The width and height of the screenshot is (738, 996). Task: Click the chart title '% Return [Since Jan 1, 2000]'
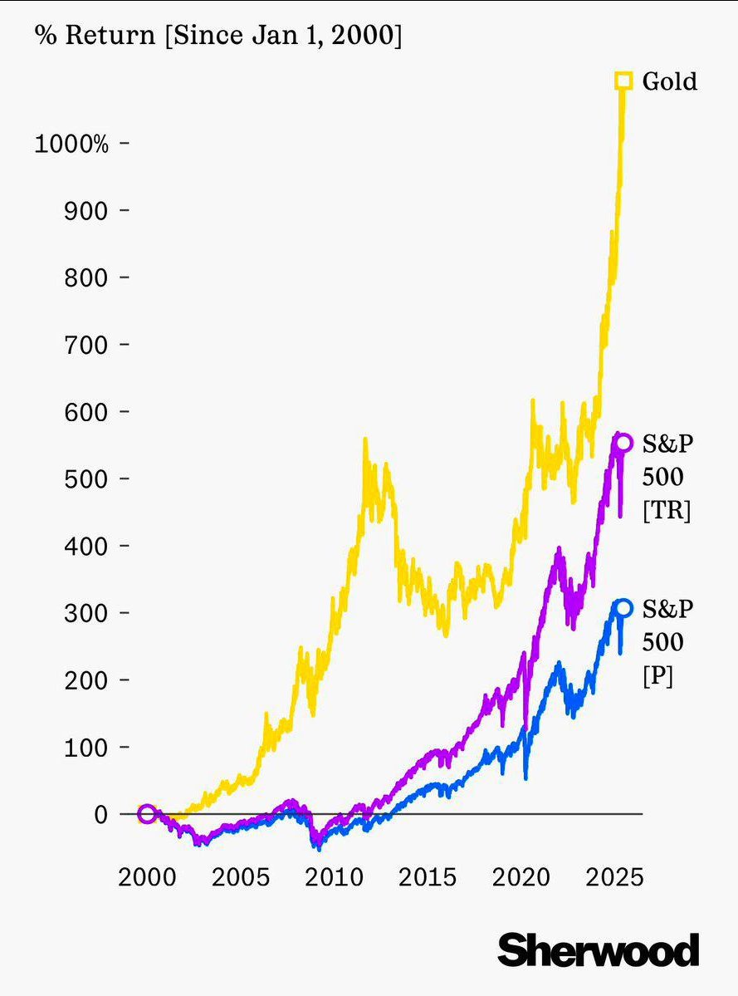coord(217,37)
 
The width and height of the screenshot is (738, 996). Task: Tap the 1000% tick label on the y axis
coord(71,144)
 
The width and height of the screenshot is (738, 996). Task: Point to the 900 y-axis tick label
coord(86,211)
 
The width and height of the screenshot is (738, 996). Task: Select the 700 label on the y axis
coord(86,345)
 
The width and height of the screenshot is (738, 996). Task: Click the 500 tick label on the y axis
coord(86,479)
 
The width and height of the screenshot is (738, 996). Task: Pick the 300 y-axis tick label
coord(86,613)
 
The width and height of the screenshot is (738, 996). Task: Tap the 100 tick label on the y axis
coord(86,748)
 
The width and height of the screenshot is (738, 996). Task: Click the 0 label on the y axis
coord(100,814)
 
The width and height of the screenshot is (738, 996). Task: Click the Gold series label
coord(669,81)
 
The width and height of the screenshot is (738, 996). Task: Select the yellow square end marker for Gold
coord(623,81)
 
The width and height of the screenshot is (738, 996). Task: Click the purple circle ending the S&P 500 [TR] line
coord(623,443)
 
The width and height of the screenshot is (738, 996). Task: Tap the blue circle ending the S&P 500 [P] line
coord(623,608)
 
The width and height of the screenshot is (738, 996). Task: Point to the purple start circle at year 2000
coord(147,813)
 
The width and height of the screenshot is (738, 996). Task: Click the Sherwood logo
coord(598,949)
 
